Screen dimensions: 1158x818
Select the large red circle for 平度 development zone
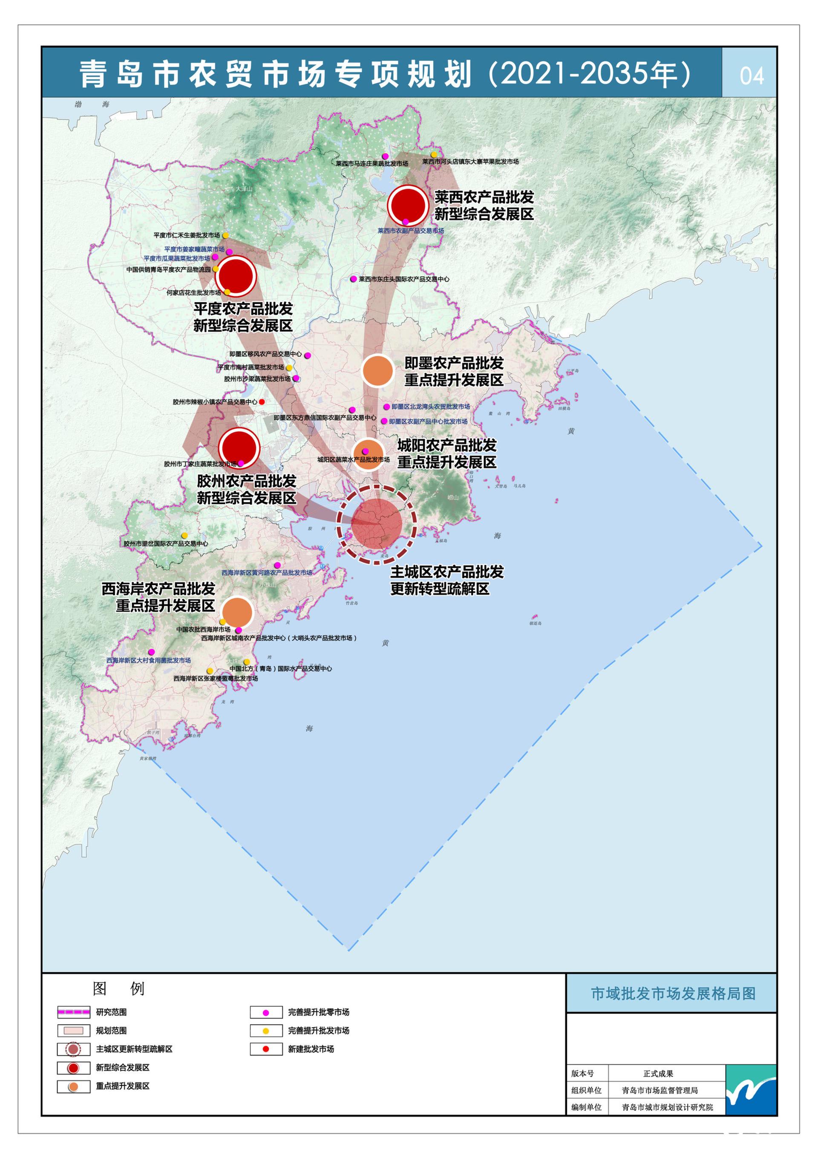pyautogui.click(x=236, y=276)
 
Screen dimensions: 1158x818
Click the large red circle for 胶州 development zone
pyautogui.click(x=239, y=448)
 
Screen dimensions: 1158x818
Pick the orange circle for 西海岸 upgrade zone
pyautogui.click(x=237, y=612)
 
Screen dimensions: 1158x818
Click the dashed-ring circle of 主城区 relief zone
pyautogui.click(x=376, y=525)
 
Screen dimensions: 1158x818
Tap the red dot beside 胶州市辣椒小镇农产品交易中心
pyautogui.click(x=261, y=402)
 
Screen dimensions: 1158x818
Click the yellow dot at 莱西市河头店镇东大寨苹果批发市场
pyautogui.click(x=434, y=154)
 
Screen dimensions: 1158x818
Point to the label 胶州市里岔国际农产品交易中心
pyautogui.click(x=166, y=544)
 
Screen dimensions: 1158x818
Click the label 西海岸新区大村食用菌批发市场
pyautogui.click(x=148, y=660)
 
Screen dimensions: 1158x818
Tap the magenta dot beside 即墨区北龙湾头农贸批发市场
pyautogui.click(x=386, y=407)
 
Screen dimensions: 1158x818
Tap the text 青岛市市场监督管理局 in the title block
pyautogui.click(x=660, y=1090)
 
